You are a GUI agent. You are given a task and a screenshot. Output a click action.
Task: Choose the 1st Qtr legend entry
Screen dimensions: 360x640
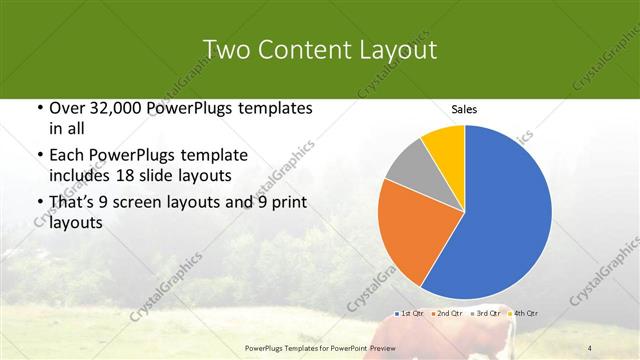[410, 313]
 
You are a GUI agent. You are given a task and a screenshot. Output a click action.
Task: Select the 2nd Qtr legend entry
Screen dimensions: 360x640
[448, 313]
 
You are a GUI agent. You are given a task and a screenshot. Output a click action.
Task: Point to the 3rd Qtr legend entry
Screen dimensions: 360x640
[487, 313]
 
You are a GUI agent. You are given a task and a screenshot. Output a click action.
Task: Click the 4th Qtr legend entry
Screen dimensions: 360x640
[526, 313]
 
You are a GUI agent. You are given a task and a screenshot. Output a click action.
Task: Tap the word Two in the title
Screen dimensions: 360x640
[227, 50]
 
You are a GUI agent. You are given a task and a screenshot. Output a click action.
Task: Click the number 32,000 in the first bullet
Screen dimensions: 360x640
[122, 109]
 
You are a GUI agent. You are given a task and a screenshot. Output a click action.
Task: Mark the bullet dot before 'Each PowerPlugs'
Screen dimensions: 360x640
[39, 155]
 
